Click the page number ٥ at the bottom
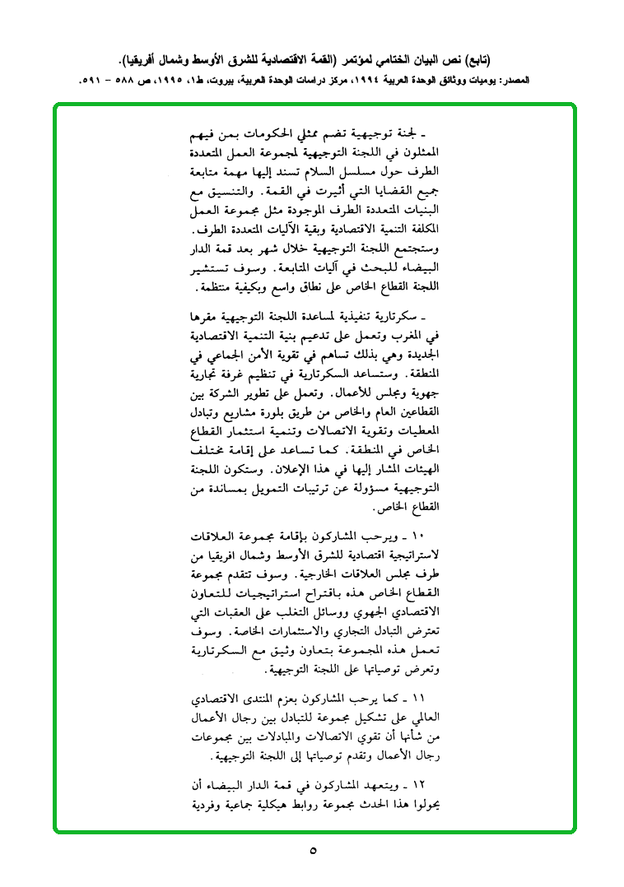pyautogui.click(x=313, y=849)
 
